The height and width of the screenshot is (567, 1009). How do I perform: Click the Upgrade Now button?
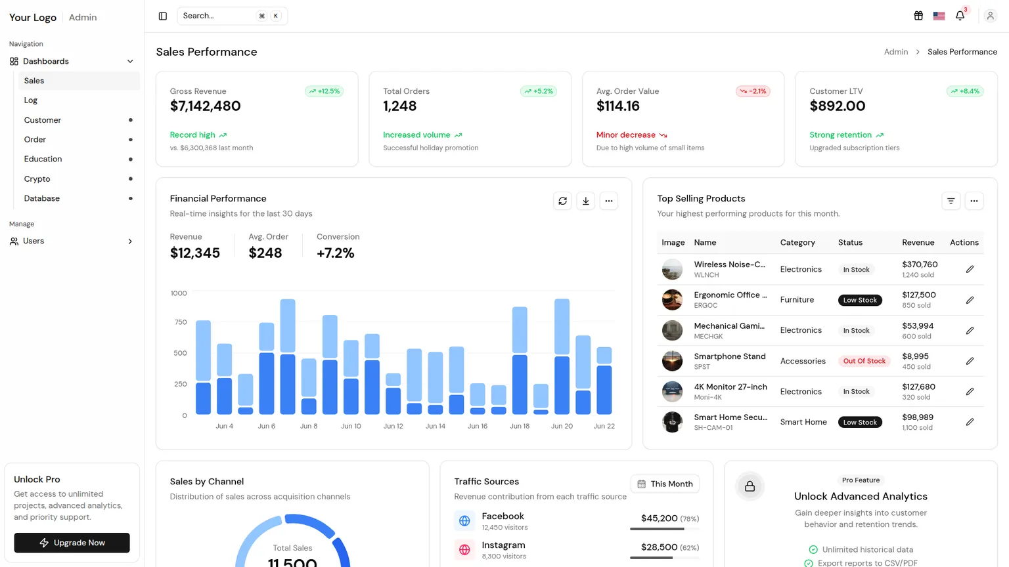point(72,543)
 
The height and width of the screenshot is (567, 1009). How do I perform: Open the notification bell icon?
point(960,16)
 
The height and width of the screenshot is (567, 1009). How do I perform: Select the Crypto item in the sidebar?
point(37,178)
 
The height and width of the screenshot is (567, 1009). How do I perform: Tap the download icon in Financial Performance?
point(585,201)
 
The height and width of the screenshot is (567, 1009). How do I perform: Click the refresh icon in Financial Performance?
point(562,201)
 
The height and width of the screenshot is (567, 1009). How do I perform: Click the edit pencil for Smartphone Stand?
point(970,361)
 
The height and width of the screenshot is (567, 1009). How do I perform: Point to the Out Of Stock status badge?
point(864,361)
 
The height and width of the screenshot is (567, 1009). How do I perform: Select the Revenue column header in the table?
point(918,243)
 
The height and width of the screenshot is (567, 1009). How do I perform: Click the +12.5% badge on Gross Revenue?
point(325,91)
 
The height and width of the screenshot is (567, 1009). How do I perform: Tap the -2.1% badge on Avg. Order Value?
point(753,91)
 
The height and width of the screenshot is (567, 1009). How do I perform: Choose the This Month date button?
point(665,484)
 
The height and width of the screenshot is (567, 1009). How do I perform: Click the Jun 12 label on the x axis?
point(393,426)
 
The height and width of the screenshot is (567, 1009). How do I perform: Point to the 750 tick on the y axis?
point(180,322)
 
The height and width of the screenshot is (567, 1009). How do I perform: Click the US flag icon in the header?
point(939,16)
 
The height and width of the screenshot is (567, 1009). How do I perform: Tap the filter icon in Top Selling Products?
point(951,201)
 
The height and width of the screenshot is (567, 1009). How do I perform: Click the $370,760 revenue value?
point(920,264)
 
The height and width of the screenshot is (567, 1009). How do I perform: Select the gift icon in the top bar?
point(918,16)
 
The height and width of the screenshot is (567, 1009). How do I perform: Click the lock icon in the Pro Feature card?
point(750,486)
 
